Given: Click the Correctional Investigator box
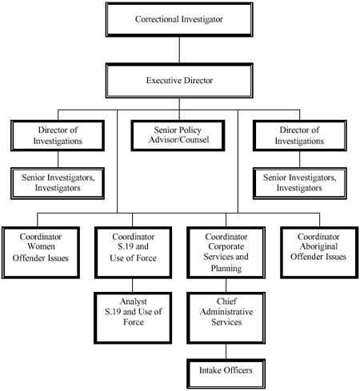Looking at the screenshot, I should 179,18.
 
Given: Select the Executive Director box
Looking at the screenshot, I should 179,80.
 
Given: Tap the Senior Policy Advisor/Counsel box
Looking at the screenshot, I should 179,134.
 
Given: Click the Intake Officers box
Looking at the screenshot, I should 226,371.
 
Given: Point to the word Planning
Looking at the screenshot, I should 226,269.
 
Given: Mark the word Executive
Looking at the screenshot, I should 163,80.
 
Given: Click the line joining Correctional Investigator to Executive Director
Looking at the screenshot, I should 179,49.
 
